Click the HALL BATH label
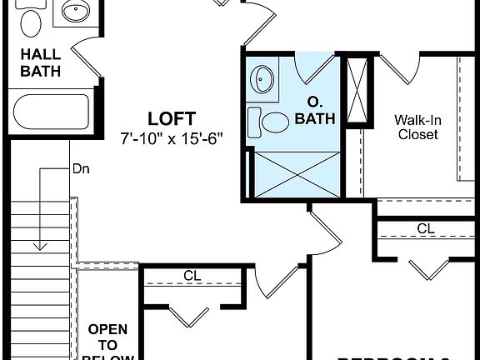pos(40,62)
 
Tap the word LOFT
pos(172,117)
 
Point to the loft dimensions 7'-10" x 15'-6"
pos(172,137)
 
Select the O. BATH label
pos(315,112)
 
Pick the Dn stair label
pos(81,168)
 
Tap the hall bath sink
pos(77,13)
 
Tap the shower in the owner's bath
pos(295,174)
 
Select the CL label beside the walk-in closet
pos(426,228)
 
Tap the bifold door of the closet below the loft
pos(192,316)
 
